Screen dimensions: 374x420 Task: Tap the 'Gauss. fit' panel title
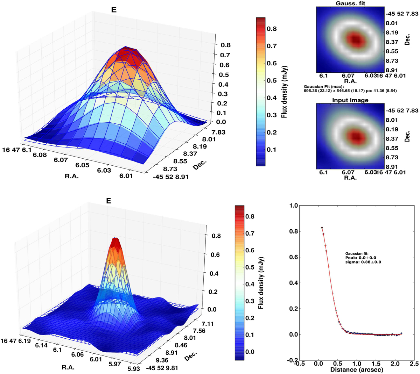tap(350, 3)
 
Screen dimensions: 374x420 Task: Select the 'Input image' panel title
tap(350, 100)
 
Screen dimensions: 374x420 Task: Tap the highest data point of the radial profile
tap(322, 228)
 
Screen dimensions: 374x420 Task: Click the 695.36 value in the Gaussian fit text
tap(311, 91)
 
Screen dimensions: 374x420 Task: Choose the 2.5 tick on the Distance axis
tap(414, 364)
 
